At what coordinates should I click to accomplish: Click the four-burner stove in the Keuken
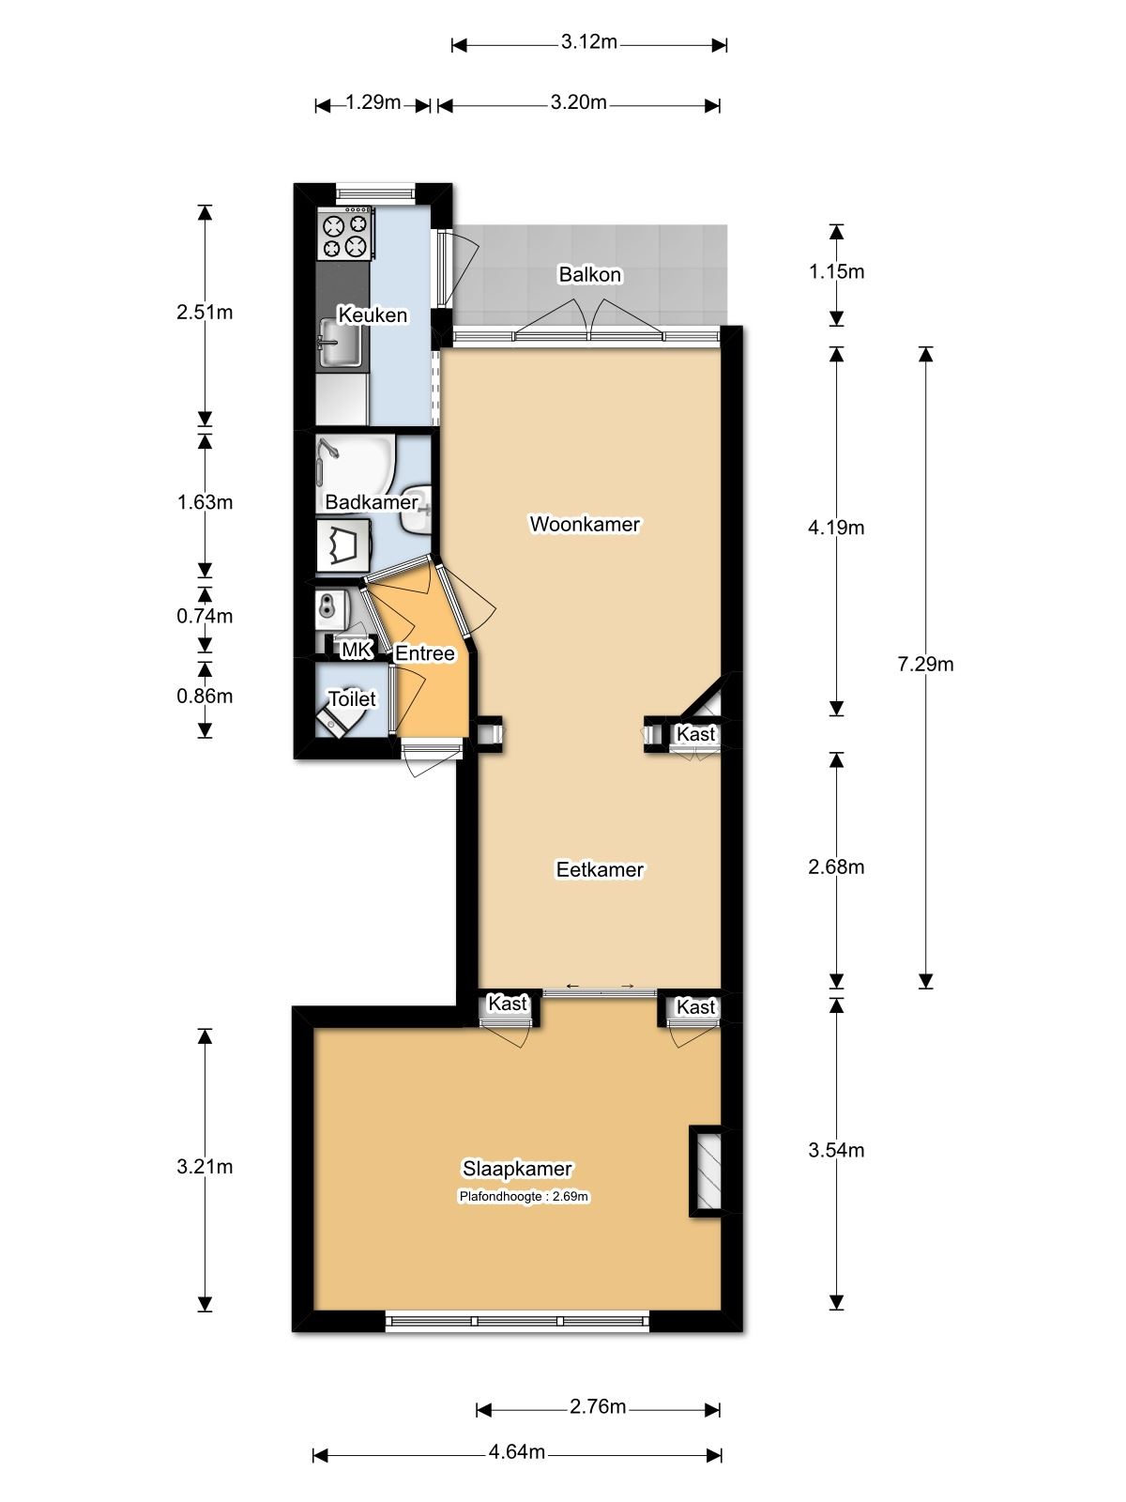345,235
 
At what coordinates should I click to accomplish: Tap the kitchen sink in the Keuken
341,342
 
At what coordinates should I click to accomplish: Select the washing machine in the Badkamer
343,545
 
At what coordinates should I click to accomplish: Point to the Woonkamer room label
585,524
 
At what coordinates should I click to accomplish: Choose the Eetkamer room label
600,869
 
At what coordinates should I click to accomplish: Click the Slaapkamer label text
517,1169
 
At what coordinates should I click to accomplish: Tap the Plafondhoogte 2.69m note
524,1197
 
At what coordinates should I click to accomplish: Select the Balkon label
589,274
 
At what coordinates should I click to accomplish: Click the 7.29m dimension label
925,664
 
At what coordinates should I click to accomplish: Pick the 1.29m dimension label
373,102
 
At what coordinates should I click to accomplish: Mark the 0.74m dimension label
205,616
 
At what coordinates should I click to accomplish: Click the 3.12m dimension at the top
588,42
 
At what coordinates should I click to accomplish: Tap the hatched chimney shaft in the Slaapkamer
708,1172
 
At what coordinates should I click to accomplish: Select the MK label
357,650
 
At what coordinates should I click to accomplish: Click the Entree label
424,653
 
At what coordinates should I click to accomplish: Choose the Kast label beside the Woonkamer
695,733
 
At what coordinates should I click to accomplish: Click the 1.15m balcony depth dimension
836,271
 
